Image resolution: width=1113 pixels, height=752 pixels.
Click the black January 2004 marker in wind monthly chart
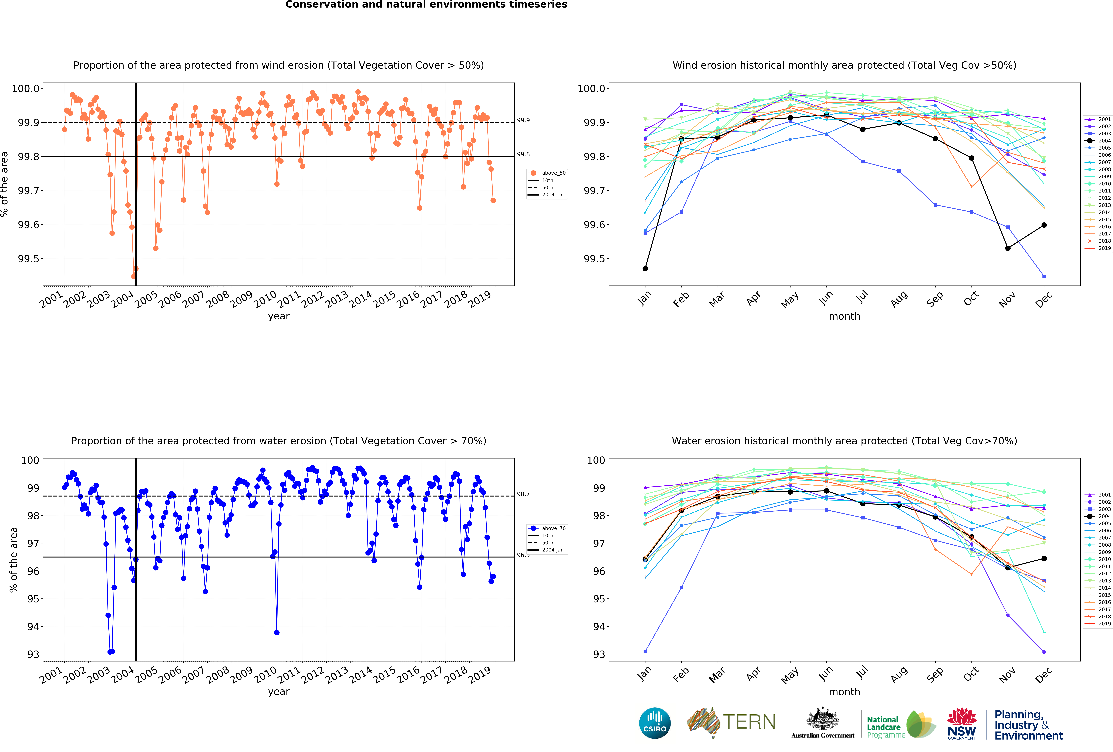coord(645,269)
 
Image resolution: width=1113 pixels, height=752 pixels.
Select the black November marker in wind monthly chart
coord(1008,248)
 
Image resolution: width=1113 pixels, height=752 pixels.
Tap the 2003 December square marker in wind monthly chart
coord(1044,276)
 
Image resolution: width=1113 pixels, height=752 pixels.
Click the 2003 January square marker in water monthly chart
coord(645,651)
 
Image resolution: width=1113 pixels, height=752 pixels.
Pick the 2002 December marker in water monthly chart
coord(1044,652)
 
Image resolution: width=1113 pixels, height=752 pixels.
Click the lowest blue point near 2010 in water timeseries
coord(277,633)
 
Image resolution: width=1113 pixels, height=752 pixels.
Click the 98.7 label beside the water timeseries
coord(523,494)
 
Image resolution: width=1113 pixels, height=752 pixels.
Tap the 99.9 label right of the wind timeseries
coord(523,120)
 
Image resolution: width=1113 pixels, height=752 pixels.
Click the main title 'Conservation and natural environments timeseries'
coord(426,5)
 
